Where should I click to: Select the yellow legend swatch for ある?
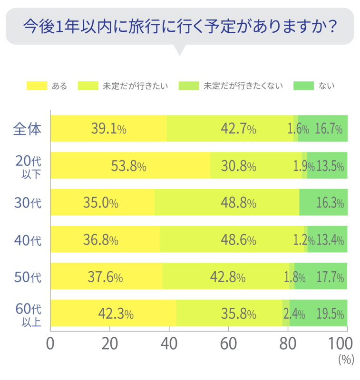(37, 86)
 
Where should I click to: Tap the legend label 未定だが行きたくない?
(243, 86)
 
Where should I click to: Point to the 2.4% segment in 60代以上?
(286, 313)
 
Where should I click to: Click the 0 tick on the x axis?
(50, 343)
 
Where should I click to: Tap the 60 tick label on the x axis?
(228, 343)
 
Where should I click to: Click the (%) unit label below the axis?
(346, 360)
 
